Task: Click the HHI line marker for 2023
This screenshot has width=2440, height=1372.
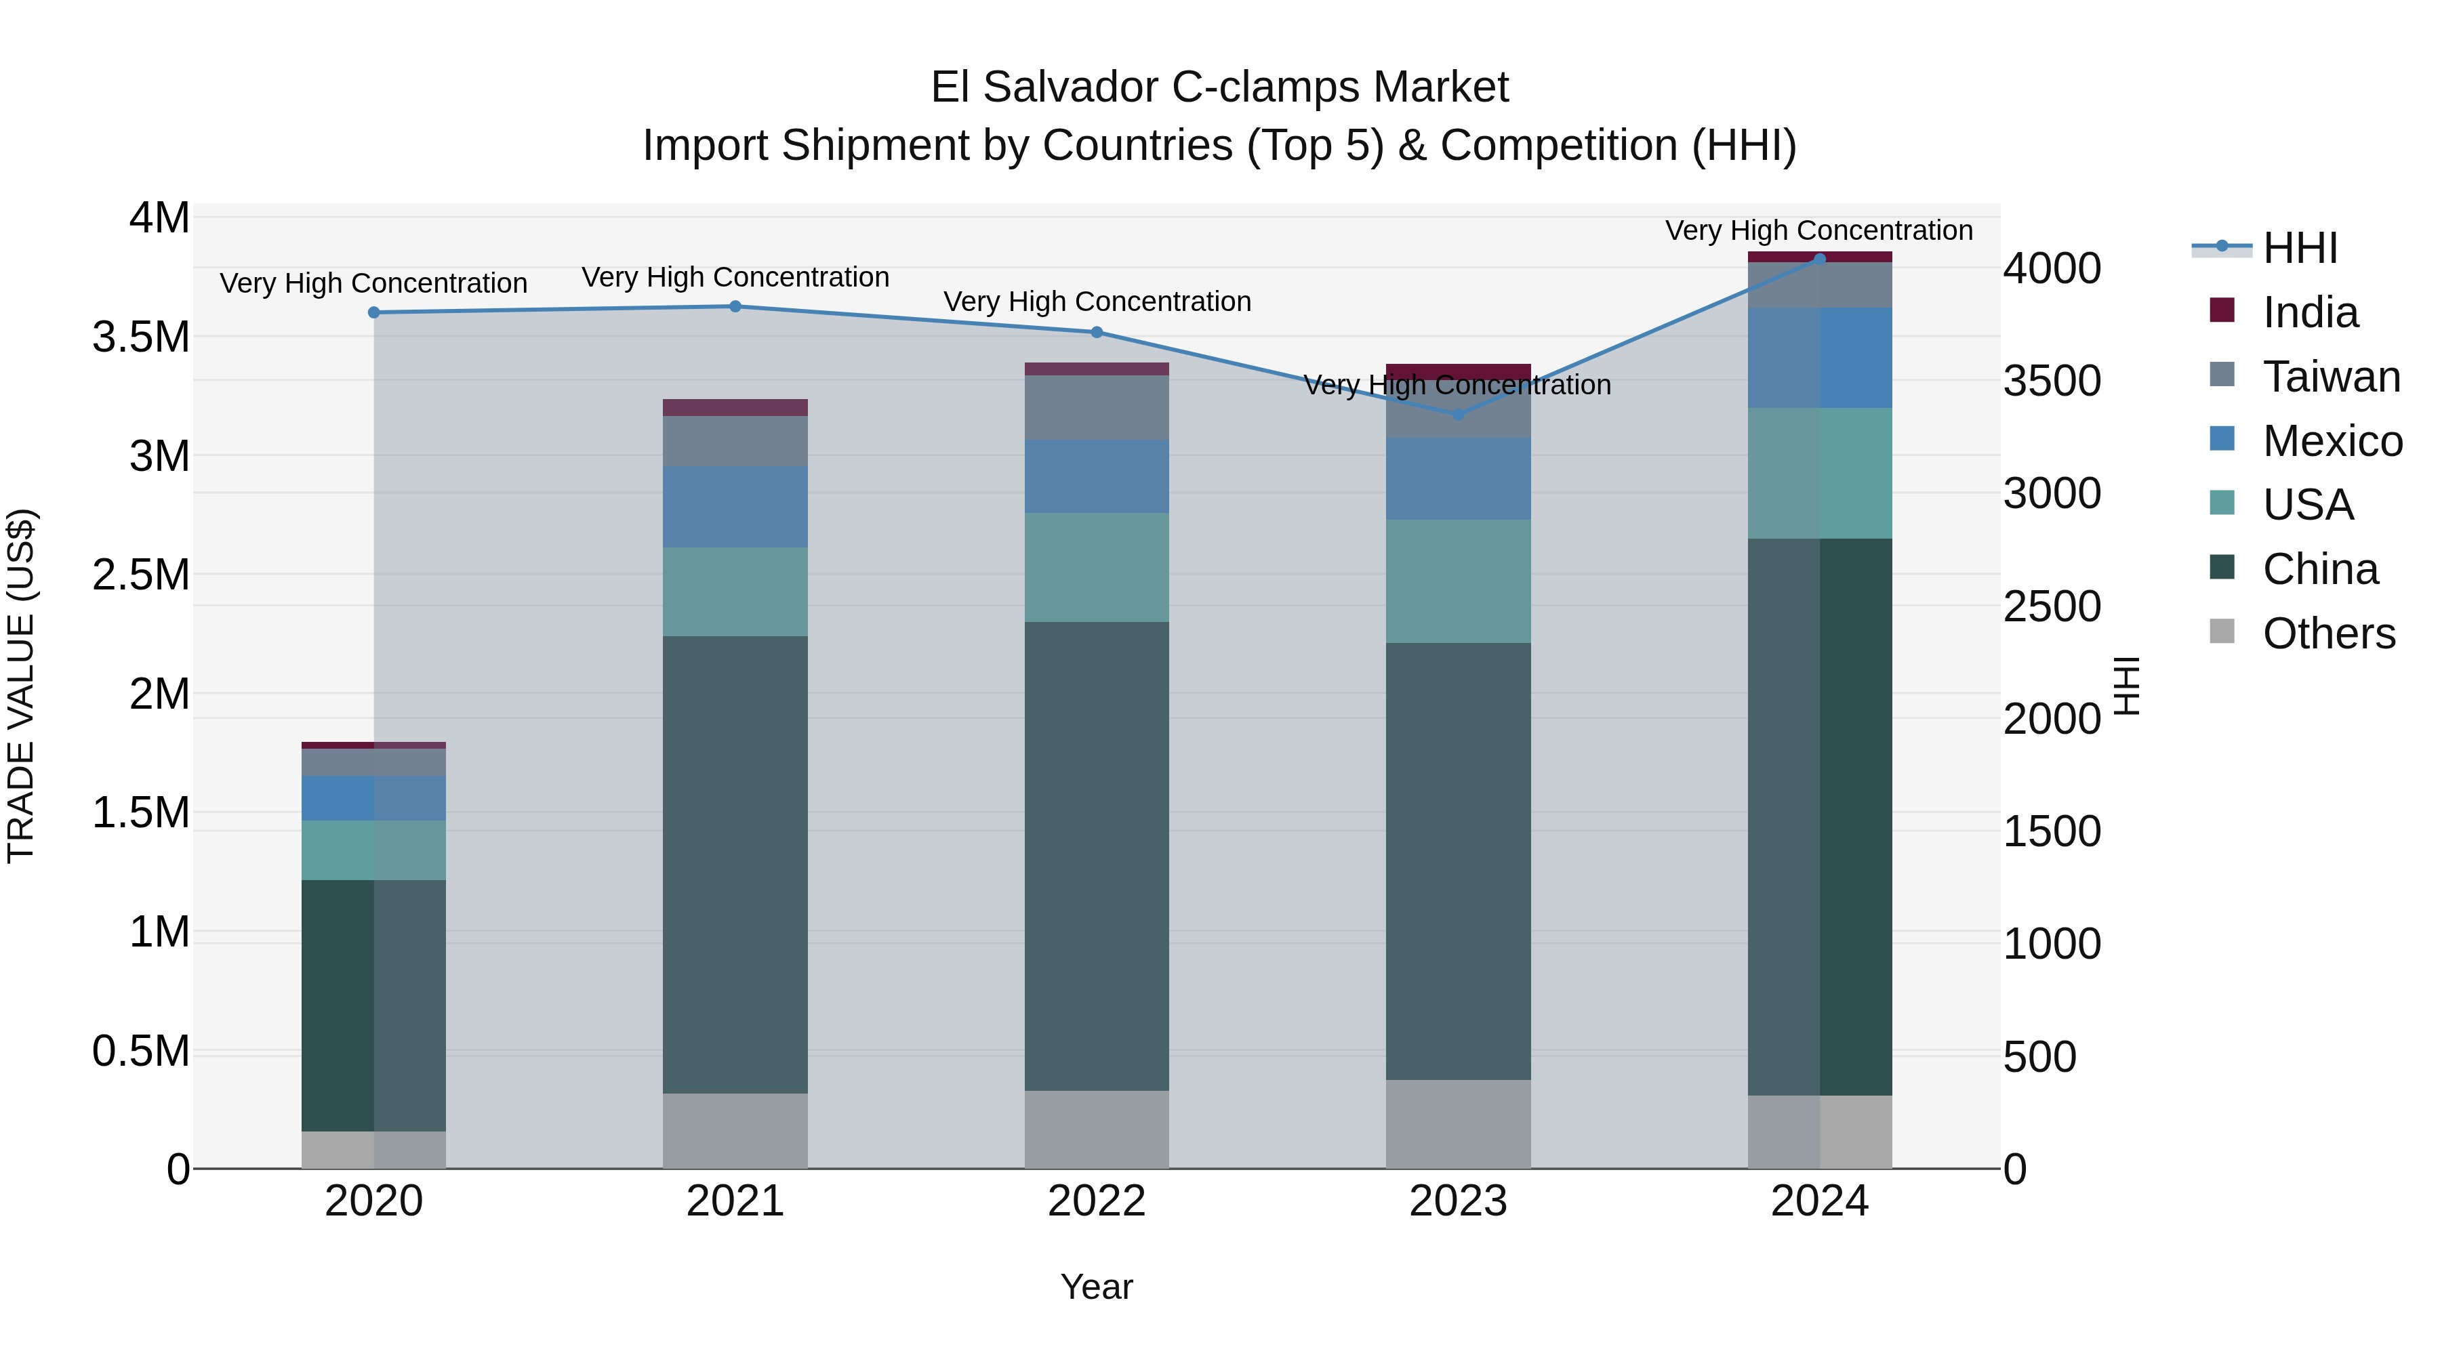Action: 1458,415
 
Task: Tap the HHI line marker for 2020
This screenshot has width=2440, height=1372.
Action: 373,312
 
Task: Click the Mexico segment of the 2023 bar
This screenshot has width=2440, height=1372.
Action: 1458,478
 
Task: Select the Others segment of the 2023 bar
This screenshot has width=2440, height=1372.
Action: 1458,1124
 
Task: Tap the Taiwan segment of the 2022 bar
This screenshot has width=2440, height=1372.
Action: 1096,407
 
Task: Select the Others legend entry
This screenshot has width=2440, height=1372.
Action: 2327,633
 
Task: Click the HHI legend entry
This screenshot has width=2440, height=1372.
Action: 2299,248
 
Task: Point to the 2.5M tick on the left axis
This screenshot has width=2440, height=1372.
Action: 141,575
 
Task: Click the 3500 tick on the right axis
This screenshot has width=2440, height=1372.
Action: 2052,381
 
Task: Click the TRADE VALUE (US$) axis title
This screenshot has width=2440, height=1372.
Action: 21,686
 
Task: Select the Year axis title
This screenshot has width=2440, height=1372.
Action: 1096,1287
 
